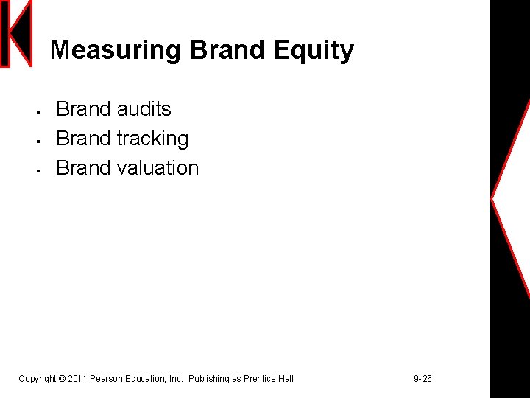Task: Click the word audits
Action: (144, 109)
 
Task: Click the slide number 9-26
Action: (423, 379)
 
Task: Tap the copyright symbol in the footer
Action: (62, 379)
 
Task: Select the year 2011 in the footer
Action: (77, 379)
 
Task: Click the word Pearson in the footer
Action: (107, 379)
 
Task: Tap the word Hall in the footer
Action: (286, 379)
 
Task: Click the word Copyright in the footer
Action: (37, 379)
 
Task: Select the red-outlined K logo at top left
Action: (16, 34)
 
